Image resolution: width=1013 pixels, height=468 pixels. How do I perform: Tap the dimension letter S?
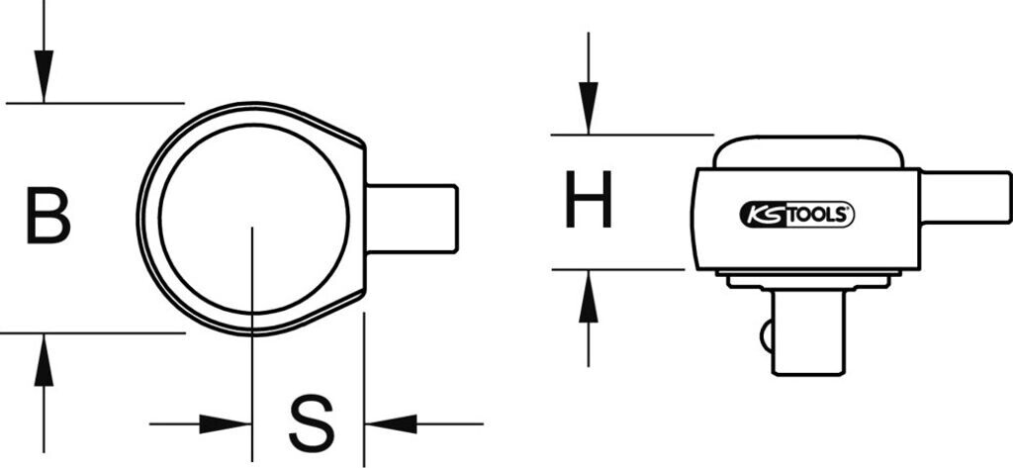311,423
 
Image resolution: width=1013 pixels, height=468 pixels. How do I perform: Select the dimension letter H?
588,200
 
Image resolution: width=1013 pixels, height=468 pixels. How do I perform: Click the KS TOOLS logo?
797,213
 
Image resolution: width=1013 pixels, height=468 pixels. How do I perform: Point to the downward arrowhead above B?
43,79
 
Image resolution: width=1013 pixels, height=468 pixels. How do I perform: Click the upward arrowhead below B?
43,360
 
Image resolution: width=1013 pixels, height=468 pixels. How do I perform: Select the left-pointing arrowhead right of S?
390,424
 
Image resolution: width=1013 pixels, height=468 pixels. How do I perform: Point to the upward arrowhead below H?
588,296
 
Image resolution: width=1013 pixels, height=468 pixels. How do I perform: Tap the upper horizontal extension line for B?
95,102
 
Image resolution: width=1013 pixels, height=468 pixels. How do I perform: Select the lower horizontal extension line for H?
617,268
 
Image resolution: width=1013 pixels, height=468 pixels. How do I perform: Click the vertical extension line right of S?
364,386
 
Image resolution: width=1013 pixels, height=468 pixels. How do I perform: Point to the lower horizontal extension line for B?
93,333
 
